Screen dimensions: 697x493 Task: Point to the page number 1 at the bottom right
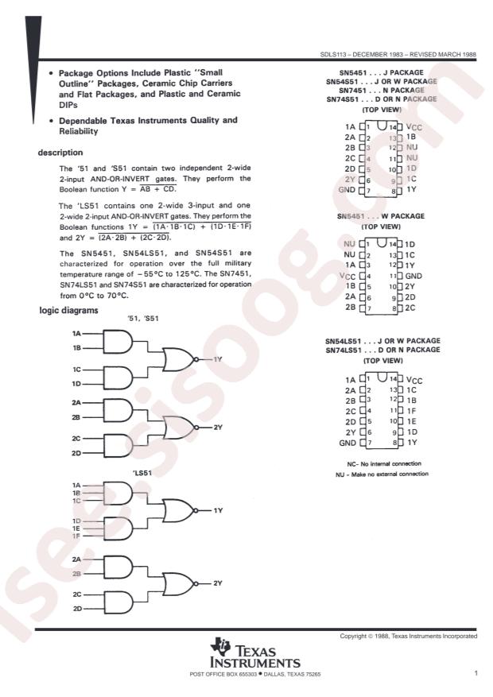pyautogui.click(x=475, y=674)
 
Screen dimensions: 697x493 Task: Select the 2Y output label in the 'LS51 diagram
pyautogui.click(x=218, y=583)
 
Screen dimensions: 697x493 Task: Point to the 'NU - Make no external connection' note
pyautogui.click(x=381, y=474)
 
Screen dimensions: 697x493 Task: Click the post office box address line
pyautogui.click(x=254, y=675)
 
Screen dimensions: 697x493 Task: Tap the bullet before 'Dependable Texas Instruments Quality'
pyautogui.click(x=52, y=120)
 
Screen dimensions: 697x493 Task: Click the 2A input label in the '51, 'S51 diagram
pyautogui.click(x=76, y=403)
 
